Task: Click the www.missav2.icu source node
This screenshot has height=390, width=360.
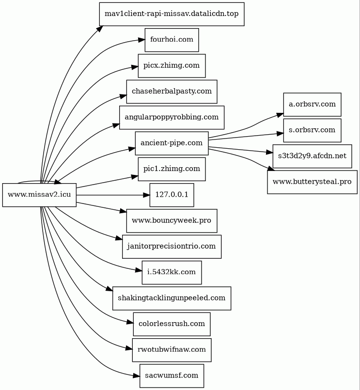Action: pyautogui.click(x=39, y=195)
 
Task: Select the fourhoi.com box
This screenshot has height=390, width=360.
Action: pyautogui.click(x=172, y=40)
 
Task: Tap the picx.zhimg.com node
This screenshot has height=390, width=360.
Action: pyautogui.click(x=172, y=65)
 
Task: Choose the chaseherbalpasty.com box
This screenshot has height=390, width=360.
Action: pyautogui.click(x=172, y=91)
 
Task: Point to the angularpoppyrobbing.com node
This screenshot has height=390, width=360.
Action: pyautogui.click(x=172, y=117)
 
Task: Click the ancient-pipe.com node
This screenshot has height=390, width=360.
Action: pyautogui.click(x=172, y=143)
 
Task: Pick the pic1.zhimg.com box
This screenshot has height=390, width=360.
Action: pyautogui.click(x=172, y=169)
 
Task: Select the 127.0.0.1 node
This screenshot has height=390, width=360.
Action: pyautogui.click(x=172, y=195)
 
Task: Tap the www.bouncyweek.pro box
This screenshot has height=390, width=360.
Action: pyautogui.click(x=172, y=220)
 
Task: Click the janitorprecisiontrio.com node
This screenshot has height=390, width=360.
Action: pyautogui.click(x=172, y=246)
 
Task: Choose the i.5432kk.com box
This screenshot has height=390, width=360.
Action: pyautogui.click(x=172, y=272)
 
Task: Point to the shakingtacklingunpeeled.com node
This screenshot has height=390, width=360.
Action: pyautogui.click(x=172, y=298)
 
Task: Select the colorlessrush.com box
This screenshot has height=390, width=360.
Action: pyautogui.click(x=172, y=324)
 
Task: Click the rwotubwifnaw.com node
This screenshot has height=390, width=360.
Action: pyautogui.click(x=172, y=350)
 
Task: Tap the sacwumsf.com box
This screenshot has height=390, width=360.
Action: pyautogui.click(x=172, y=375)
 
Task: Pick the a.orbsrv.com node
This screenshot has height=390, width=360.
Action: pyautogui.click(x=312, y=104)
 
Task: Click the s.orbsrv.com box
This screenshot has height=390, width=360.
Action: pyautogui.click(x=312, y=130)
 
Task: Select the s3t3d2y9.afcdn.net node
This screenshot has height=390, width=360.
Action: pyautogui.click(x=312, y=156)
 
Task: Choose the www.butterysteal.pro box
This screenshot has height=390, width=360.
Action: pyautogui.click(x=312, y=182)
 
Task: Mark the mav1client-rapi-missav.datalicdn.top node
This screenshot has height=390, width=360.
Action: pyautogui.click(x=172, y=14)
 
